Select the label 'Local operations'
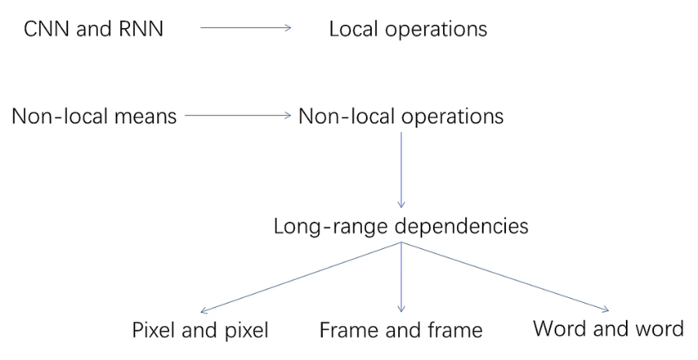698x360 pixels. click(407, 29)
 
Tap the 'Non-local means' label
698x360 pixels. click(94, 116)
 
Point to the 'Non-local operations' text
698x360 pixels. click(400, 116)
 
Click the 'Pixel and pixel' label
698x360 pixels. click(200, 330)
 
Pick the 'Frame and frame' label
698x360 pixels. click(401, 330)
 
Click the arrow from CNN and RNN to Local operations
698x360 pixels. click(246, 28)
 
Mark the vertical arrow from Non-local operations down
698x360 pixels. click(401, 170)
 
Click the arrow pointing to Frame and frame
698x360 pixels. click(401, 277)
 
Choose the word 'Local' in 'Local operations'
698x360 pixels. click(354, 29)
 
